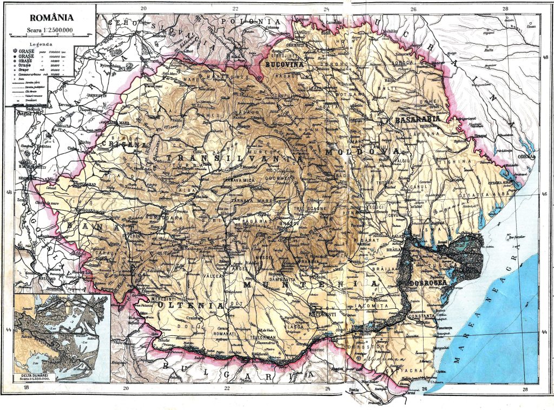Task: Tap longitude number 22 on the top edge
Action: click(235, 8)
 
